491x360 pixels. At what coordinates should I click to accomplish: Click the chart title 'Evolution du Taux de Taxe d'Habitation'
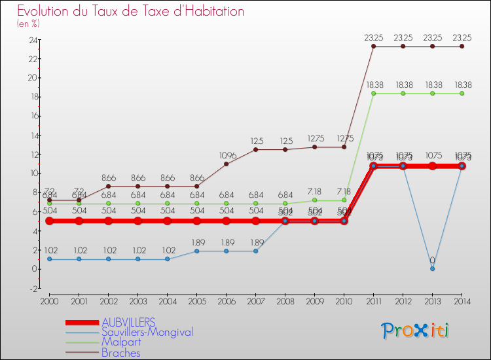click(131, 11)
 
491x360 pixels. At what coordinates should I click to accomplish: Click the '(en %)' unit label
click(28, 24)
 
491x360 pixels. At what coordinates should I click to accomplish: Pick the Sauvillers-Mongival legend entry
click(147, 333)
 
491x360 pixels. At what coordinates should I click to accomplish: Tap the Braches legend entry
click(121, 353)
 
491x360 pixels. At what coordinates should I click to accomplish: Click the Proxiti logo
click(416, 331)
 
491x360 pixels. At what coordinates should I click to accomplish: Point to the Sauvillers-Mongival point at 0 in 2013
click(432, 269)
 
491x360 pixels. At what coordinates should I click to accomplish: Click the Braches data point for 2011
click(373, 46)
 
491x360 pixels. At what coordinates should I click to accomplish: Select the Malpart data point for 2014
click(462, 93)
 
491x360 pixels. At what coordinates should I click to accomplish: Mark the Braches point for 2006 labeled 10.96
click(226, 164)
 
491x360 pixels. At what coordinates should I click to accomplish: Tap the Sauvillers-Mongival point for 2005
click(196, 251)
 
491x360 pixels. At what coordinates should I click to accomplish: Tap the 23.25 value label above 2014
click(462, 38)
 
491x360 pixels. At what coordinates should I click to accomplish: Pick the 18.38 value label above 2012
click(403, 85)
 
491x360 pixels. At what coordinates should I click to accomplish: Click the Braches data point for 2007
click(255, 149)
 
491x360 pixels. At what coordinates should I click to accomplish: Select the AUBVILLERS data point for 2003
click(137, 221)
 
